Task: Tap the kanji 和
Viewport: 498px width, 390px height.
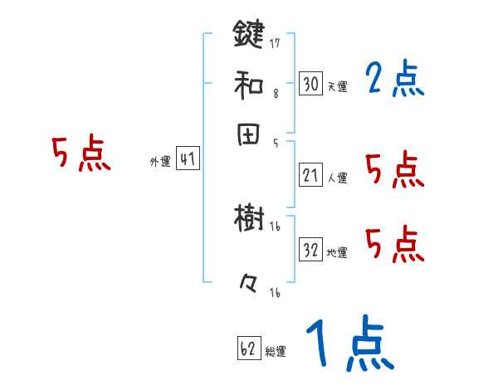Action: [x=248, y=84]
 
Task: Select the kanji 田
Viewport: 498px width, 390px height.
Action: [x=248, y=134]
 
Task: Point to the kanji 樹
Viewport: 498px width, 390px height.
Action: [x=248, y=221]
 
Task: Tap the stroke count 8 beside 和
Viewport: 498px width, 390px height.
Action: [x=275, y=94]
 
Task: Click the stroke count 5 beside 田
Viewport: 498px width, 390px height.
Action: [x=275, y=144]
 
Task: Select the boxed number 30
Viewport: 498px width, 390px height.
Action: [x=310, y=84]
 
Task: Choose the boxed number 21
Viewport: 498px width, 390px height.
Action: [x=310, y=174]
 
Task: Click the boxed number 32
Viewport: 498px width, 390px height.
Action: [x=310, y=250]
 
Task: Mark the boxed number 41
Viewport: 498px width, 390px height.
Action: [x=188, y=159]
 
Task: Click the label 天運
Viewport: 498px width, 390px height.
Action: [x=337, y=86]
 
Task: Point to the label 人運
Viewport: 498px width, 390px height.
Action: [x=337, y=177]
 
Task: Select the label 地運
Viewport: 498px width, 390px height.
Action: [x=337, y=252]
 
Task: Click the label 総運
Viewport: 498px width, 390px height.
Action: [x=276, y=352]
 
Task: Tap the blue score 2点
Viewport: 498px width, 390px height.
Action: [x=394, y=80]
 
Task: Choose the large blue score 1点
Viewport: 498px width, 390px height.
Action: [x=349, y=344]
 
